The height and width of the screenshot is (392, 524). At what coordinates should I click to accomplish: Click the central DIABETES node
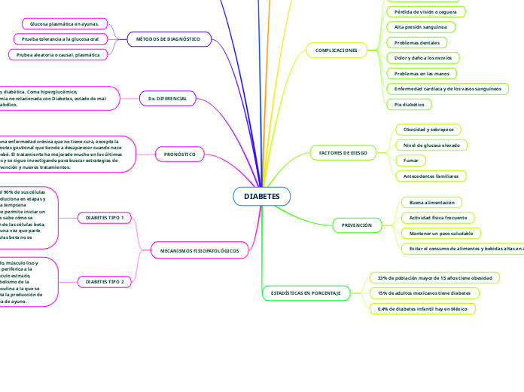261,196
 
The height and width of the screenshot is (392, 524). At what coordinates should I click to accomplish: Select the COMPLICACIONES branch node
336,50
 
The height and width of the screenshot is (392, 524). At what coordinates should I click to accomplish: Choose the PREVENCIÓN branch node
356,225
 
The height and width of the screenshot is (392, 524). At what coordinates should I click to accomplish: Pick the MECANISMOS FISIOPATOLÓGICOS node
200,250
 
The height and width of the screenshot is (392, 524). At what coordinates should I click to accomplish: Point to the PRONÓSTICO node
180,155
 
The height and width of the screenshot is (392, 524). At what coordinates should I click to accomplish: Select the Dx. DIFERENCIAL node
167,98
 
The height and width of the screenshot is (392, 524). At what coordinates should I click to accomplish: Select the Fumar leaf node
411,161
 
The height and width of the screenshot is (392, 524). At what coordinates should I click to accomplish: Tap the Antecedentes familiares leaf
431,176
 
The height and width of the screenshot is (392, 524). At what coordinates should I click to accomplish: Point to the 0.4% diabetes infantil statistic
423,308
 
